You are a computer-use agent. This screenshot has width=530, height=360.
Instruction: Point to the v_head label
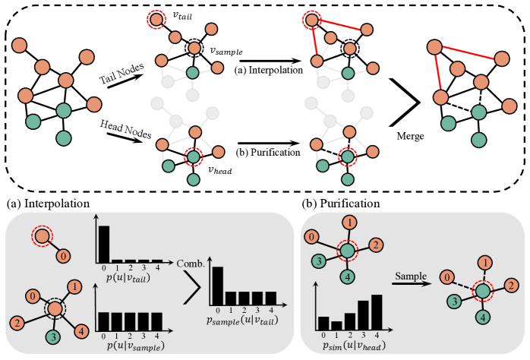point(219,170)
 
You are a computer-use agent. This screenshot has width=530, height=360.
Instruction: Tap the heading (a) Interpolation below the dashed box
point(48,204)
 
